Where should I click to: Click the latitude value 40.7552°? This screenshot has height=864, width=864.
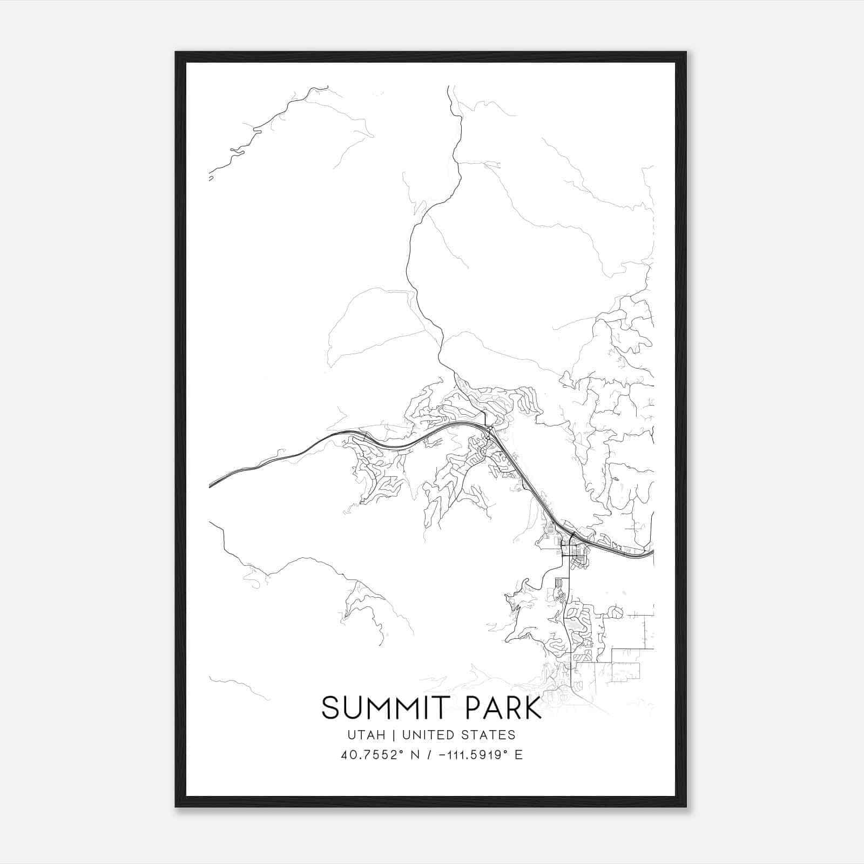369,755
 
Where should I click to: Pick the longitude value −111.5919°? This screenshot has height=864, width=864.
472,755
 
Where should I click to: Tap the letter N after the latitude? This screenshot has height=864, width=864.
415,755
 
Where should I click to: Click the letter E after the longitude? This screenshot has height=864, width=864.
519,755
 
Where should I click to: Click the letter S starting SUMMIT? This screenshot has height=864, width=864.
330,708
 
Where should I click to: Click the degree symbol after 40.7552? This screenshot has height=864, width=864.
398,751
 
